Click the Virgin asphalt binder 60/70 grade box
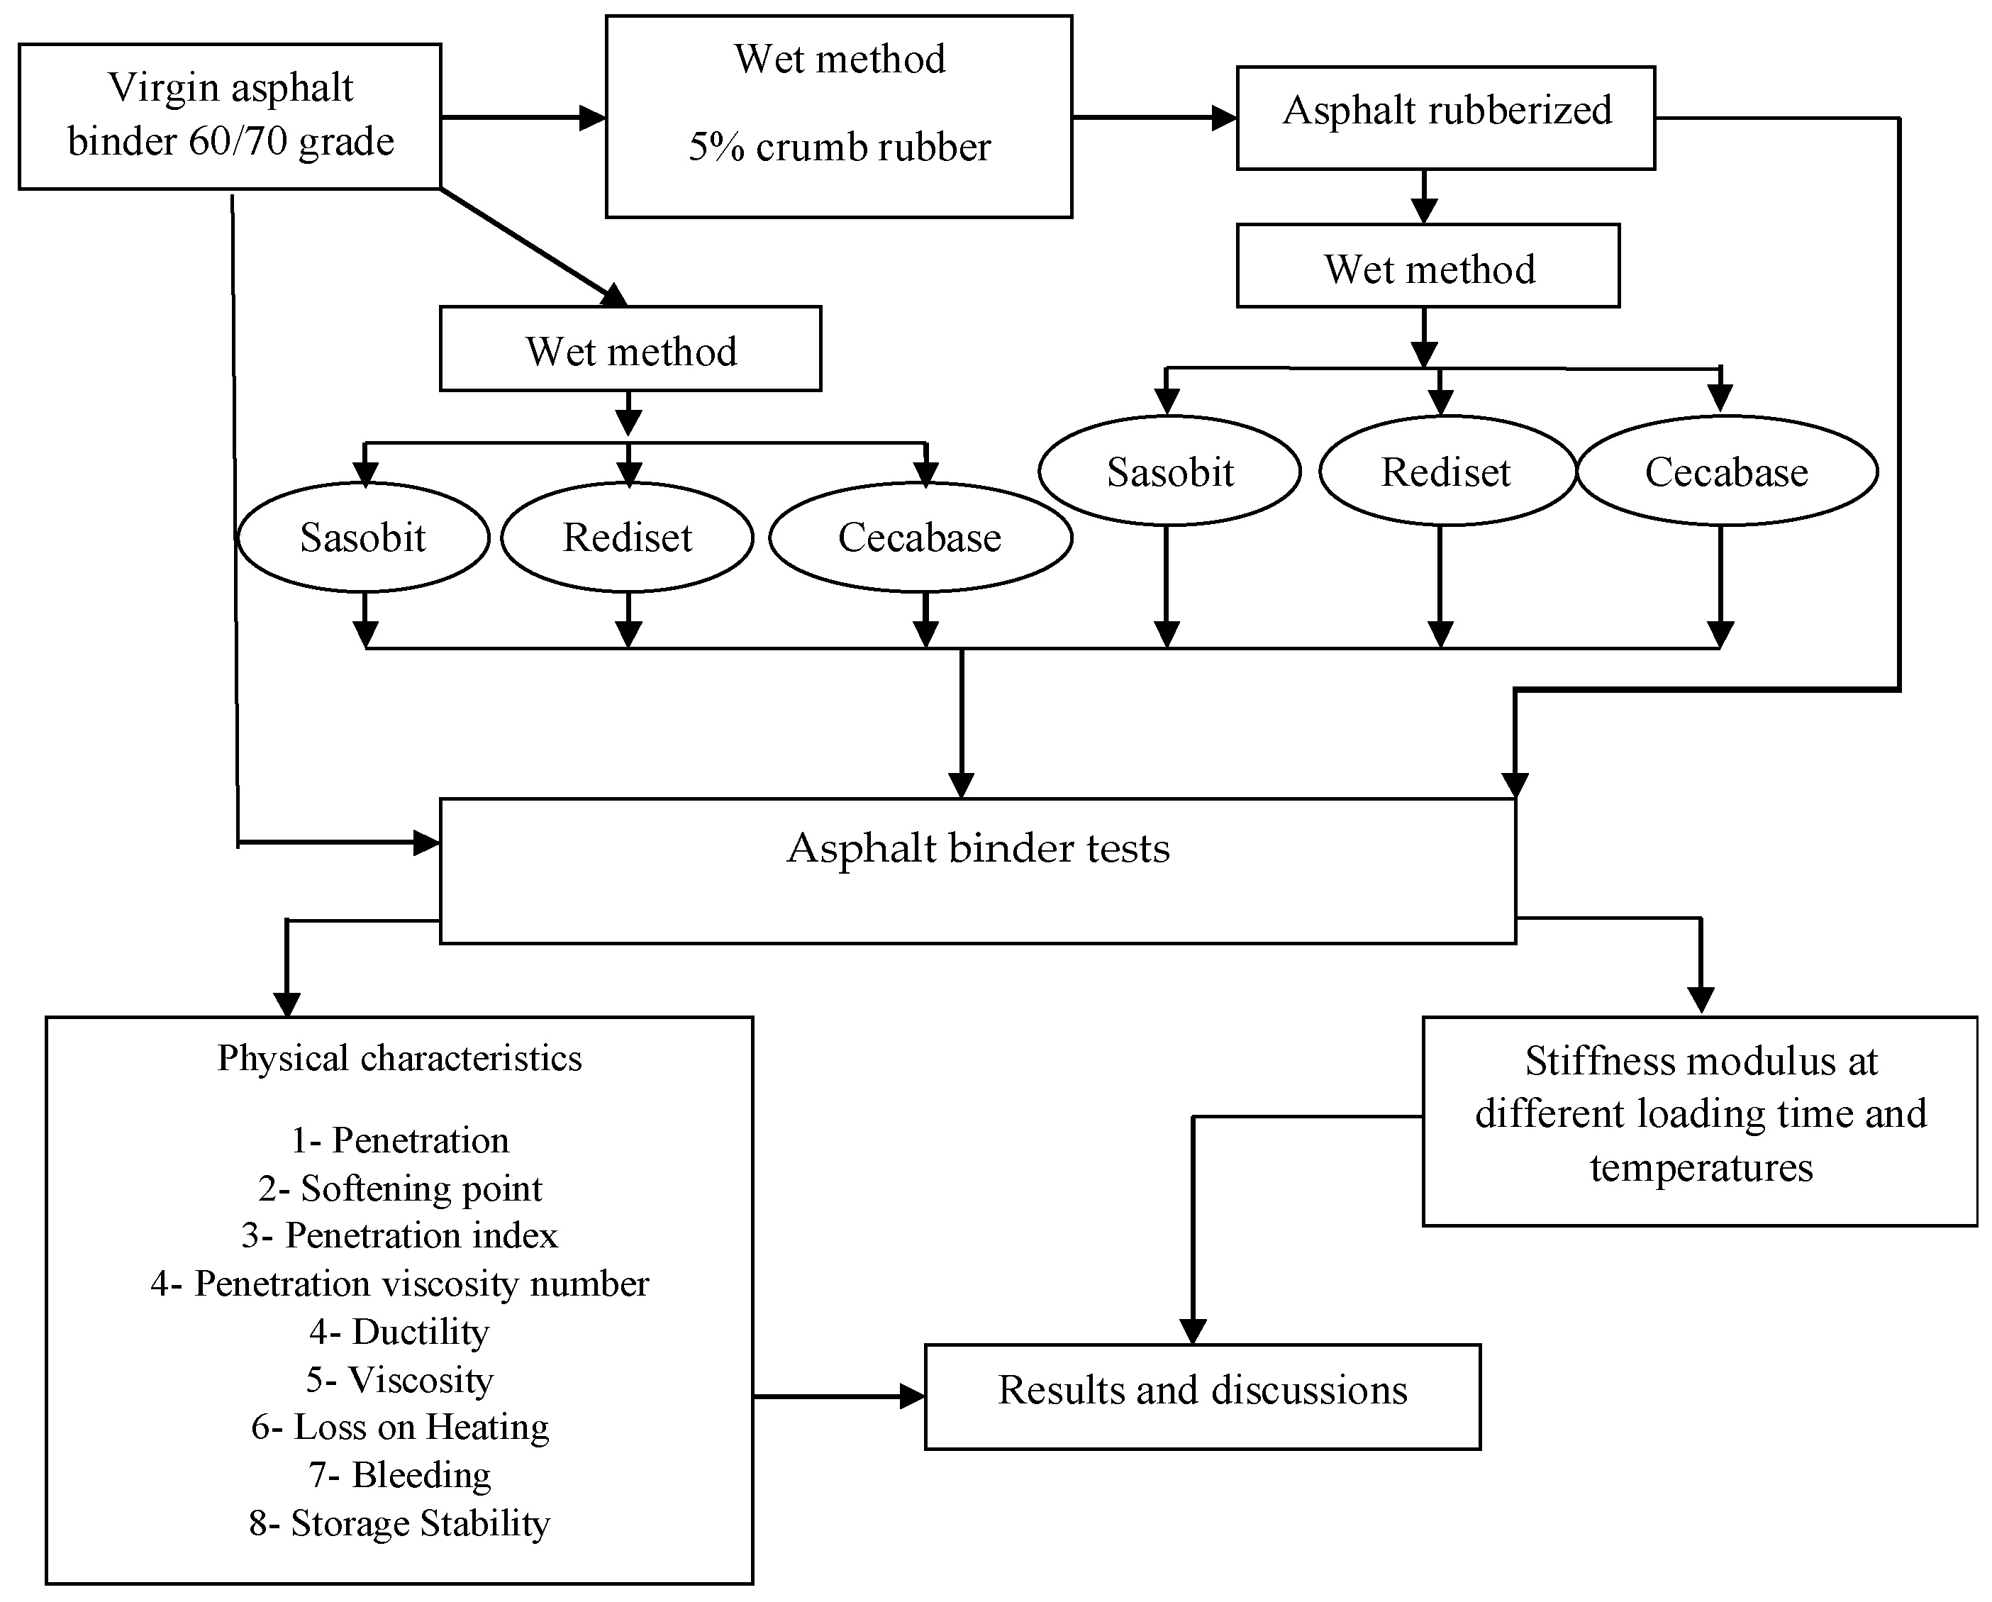tap(230, 116)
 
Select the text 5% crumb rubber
tap(839, 148)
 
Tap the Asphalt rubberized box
tap(1446, 117)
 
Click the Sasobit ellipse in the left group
tap(363, 538)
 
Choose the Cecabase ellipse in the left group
tap(920, 538)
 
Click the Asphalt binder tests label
tap(977, 848)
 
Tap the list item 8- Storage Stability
tap(400, 1523)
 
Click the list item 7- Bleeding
tap(400, 1476)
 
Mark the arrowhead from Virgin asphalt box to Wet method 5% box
tap(592, 117)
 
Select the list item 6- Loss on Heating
tap(400, 1428)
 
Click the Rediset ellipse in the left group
tap(628, 538)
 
